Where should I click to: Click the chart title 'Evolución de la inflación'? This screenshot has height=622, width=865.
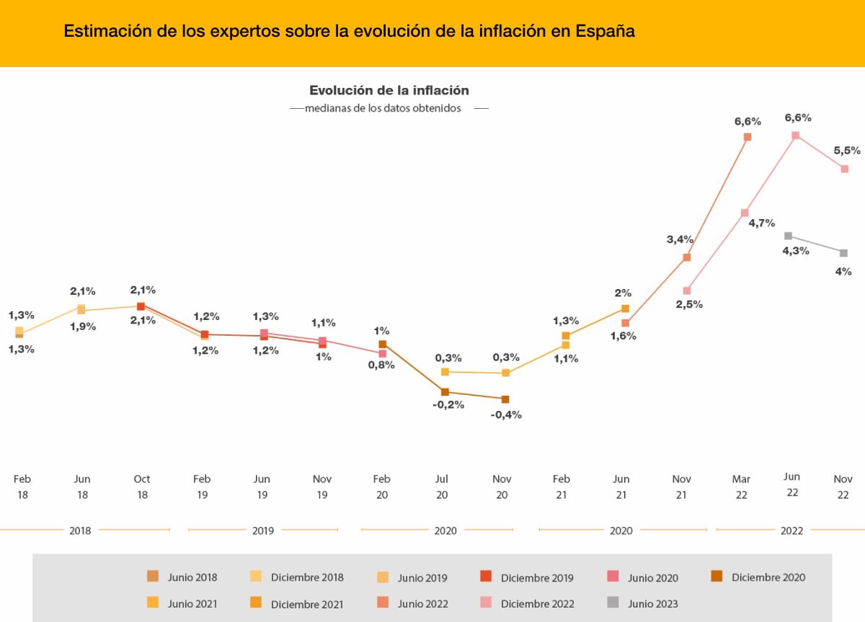coord(389,91)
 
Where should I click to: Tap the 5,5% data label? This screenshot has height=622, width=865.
coord(847,151)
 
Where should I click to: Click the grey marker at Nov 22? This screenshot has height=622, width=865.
coord(843,253)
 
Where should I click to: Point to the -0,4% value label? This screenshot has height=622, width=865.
coord(507,414)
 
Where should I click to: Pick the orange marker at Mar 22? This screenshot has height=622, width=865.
coord(748,137)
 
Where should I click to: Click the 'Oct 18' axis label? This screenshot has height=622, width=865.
coord(142,487)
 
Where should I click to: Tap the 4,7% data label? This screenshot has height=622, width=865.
coord(762,223)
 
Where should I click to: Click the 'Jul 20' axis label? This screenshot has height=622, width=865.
coord(442,487)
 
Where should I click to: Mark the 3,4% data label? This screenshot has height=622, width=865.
coord(680,239)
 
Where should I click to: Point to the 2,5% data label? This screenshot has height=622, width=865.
coord(689,304)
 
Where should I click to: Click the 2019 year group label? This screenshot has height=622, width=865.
coord(262,530)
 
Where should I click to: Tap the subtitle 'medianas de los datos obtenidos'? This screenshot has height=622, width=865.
coord(383,109)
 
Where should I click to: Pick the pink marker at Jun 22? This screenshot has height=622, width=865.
coord(795,135)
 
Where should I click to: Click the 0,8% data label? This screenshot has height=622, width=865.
coord(381,365)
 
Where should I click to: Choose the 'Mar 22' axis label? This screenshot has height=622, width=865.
coord(741,487)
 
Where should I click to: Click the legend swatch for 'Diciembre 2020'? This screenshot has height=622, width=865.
coord(717,577)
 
